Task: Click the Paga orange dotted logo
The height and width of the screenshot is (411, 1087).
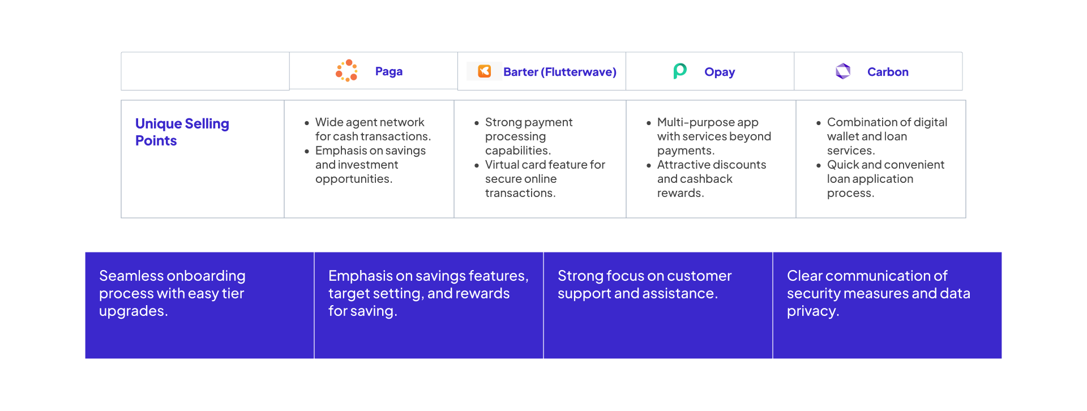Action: (346, 71)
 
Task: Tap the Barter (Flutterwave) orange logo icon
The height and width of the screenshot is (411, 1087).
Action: (485, 71)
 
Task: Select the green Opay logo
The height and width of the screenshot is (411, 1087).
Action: (680, 71)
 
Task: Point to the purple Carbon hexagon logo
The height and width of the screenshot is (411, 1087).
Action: (843, 71)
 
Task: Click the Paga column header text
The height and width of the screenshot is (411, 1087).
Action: (389, 71)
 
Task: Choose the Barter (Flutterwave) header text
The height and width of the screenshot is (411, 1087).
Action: (560, 72)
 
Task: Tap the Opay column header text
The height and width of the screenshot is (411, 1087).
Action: (720, 72)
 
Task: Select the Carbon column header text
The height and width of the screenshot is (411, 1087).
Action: (888, 72)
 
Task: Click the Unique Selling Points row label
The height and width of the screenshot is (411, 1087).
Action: (182, 132)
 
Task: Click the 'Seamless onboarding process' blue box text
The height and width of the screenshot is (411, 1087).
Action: (172, 293)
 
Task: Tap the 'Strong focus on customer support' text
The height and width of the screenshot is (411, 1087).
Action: (644, 284)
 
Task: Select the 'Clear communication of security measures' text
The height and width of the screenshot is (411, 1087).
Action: (878, 293)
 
